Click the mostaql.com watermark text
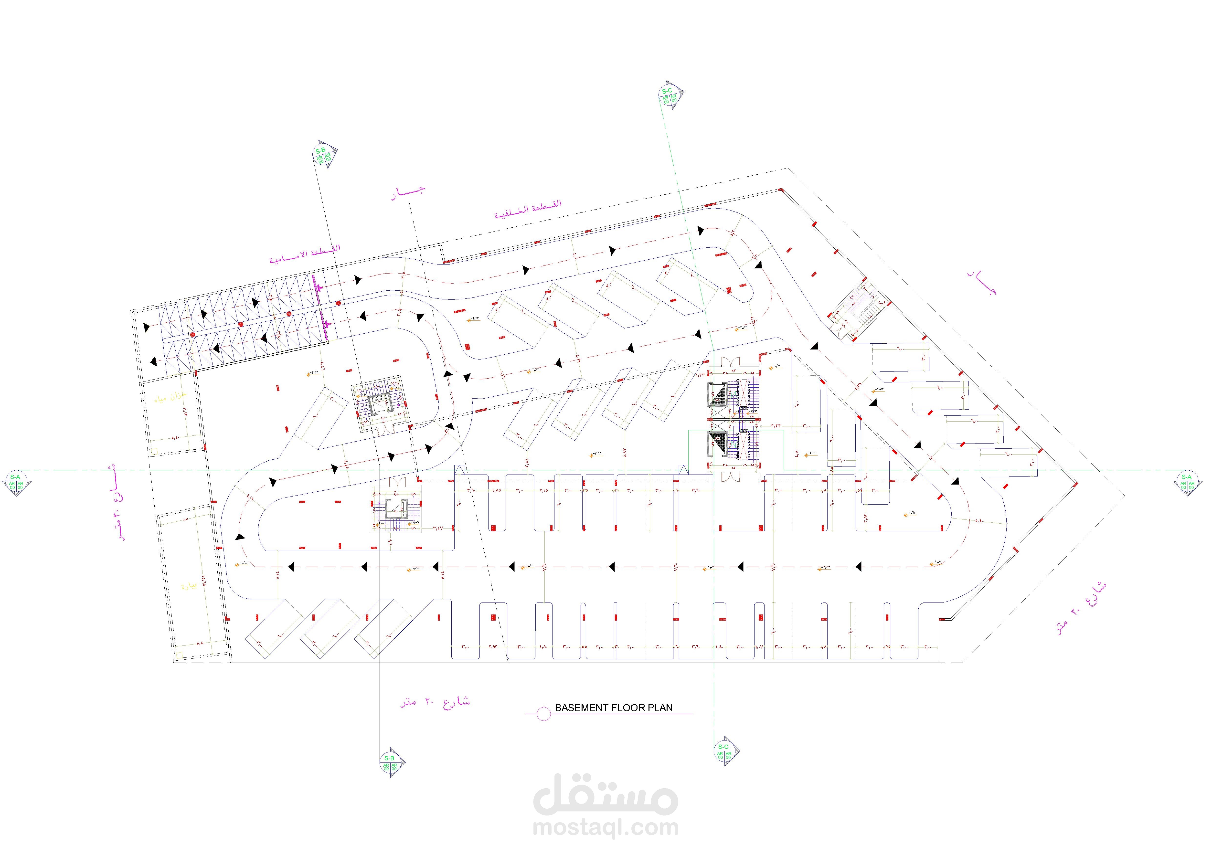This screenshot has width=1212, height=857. (x=606, y=827)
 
